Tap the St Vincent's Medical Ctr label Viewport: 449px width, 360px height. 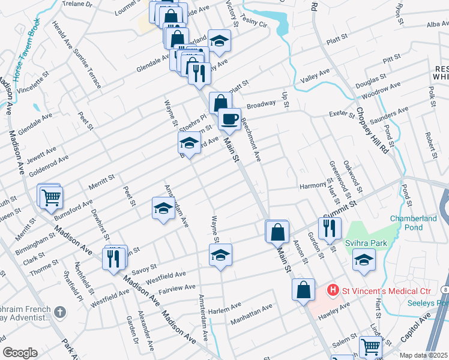[x=387, y=291]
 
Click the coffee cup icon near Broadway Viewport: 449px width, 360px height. [x=229, y=119]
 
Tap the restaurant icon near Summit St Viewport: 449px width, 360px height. [x=330, y=227]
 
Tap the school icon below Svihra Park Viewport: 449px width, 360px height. [x=364, y=260]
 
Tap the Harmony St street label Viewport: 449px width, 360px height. [x=313, y=186]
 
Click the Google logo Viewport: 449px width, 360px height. [x=20, y=353]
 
